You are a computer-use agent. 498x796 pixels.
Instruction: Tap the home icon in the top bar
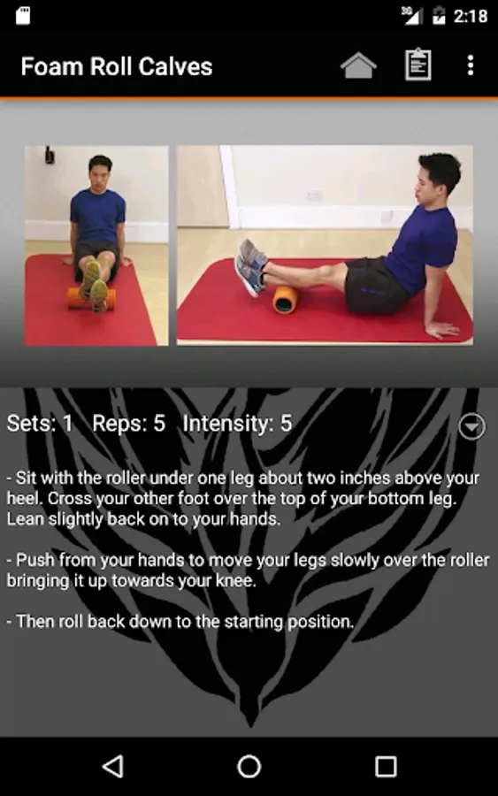click(358, 65)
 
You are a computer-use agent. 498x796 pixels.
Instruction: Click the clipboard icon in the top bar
click(418, 65)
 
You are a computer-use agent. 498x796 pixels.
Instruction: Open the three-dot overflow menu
click(471, 65)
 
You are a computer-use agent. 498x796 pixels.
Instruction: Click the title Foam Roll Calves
click(116, 66)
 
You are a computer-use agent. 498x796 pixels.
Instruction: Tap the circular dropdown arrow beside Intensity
click(471, 426)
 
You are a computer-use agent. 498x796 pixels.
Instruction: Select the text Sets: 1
click(40, 424)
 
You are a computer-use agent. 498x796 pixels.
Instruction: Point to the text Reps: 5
click(129, 424)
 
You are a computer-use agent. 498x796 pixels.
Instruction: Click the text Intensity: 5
click(237, 424)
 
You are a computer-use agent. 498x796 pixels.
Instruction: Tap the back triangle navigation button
click(114, 766)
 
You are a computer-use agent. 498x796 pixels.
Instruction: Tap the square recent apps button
click(386, 766)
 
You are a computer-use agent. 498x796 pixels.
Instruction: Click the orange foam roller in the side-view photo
click(285, 300)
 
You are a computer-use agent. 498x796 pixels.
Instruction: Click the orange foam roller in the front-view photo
click(91, 298)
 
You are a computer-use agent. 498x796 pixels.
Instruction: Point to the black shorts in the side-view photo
click(376, 284)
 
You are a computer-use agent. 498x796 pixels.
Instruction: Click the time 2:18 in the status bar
click(470, 16)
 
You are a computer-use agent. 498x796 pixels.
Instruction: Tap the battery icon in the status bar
click(439, 16)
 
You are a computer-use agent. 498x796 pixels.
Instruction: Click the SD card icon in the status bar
click(23, 15)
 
